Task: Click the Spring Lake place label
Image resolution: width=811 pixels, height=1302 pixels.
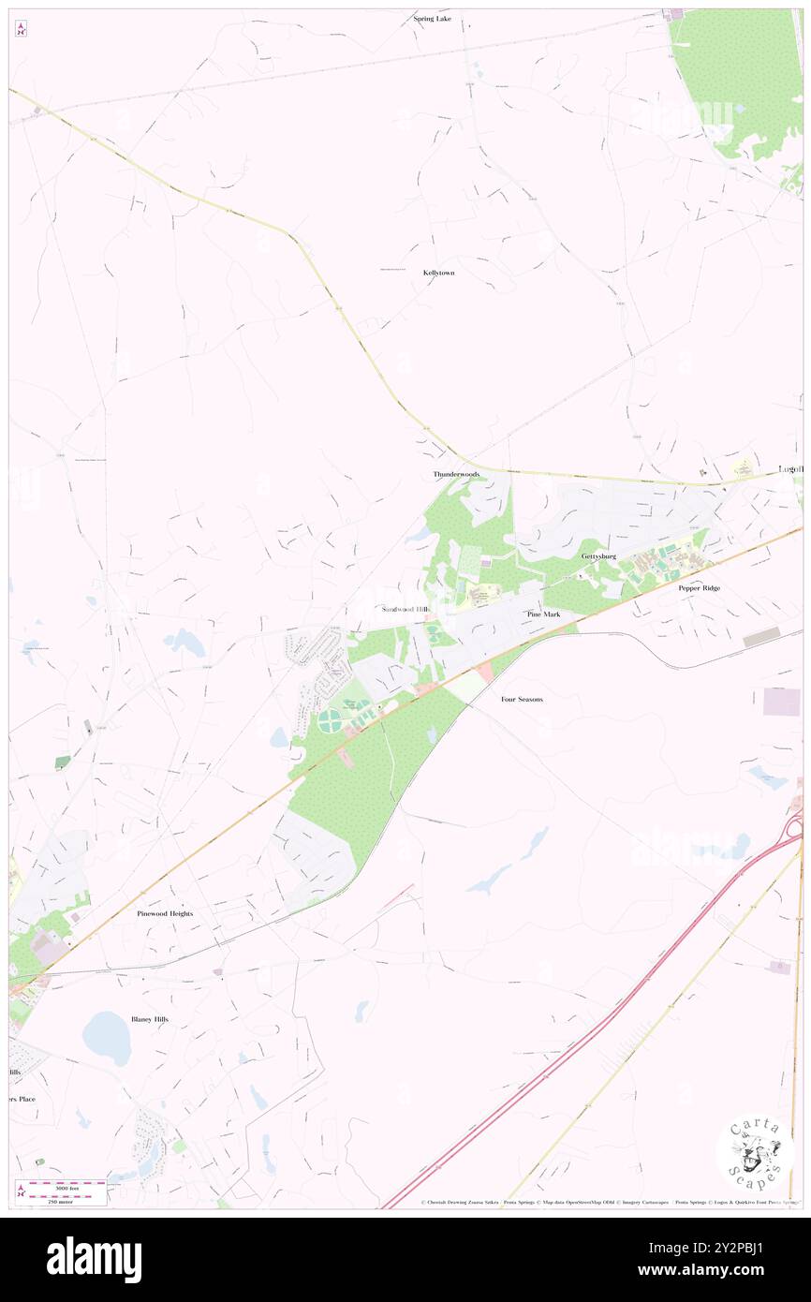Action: [432, 19]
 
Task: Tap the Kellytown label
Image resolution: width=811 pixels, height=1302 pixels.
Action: [438, 273]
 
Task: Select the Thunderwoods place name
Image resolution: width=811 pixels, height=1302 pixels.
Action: [456, 475]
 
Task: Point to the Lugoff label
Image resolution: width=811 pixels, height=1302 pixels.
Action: [791, 469]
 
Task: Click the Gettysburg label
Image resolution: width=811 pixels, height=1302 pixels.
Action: [598, 556]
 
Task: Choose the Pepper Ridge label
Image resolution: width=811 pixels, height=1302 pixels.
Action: [700, 588]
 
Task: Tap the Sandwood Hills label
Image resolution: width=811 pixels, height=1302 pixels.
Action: [406, 609]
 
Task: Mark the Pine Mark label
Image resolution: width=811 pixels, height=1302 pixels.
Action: [543, 614]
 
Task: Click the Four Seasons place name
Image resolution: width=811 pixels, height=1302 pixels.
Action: [522, 700]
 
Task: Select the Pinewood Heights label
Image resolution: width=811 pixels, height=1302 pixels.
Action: [165, 913]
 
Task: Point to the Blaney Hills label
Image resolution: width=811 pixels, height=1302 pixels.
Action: [150, 1018]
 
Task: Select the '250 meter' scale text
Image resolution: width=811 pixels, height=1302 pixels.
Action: [62, 1198]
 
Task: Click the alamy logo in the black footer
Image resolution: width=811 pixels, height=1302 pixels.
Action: [94, 1259]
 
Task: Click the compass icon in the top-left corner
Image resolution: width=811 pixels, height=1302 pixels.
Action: [21, 28]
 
